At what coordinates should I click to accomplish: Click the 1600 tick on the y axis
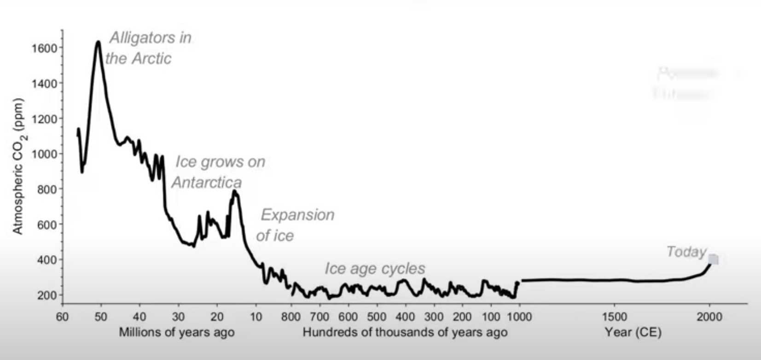pyautogui.click(x=44, y=48)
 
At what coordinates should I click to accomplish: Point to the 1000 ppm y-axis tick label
pyautogui.click(x=44, y=154)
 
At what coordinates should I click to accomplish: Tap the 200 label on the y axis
pyautogui.click(x=47, y=295)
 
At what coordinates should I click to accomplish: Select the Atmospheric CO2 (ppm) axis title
pyautogui.click(x=18, y=166)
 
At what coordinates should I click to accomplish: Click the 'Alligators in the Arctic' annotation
pyautogui.click(x=147, y=48)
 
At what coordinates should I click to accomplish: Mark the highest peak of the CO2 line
pyautogui.click(x=98, y=42)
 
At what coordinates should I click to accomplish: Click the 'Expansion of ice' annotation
pyautogui.click(x=295, y=225)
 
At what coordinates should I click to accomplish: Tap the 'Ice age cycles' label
pyautogui.click(x=375, y=268)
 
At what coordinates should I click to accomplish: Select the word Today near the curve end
pyautogui.click(x=686, y=252)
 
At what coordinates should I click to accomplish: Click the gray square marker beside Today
pyautogui.click(x=713, y=260)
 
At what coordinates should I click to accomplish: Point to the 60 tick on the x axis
pyautogui.click(x=62, y=317)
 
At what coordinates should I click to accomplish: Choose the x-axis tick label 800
pyautogui.click(x=290, y=317)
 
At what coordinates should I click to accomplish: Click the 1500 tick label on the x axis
pyautogui.click(x=615, y=317)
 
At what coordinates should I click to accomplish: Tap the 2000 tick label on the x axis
pyautogui.click(x=709, y=317)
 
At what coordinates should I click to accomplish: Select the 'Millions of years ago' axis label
pyautogui.click(x=177, y=332)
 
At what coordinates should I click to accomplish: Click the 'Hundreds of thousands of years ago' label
pyautogui.click(x=405, y=332)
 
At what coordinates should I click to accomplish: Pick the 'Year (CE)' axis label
pyautogui.click(x=633, y=332)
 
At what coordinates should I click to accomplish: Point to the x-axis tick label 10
pyautogui.click(x=256, y=317)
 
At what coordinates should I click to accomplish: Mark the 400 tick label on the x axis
pyautogui.click(x=405, y=317)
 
